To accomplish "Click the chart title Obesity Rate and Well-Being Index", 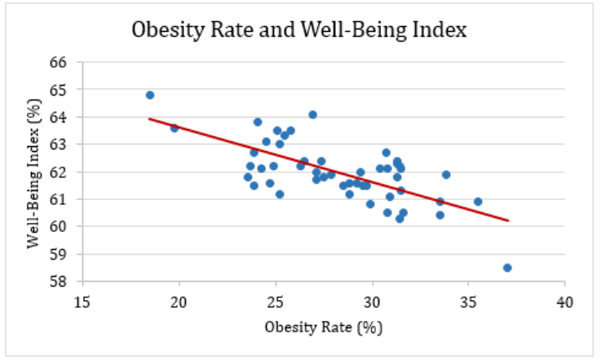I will [x=299, y=31].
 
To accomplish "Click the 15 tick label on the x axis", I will [x=82, y=300].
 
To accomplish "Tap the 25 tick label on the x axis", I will [x=276, y=300].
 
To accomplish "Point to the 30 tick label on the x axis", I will [x=372, y=300].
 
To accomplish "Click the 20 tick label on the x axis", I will [x=179, y=300].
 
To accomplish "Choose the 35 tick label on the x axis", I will [x=468, y=300].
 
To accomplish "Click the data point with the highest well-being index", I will [x=150, y=95].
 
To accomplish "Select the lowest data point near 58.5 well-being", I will [x=507, y=268].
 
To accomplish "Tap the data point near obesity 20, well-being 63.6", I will [x=175, y=128].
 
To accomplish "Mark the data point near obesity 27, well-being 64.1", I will [x=312, y=114].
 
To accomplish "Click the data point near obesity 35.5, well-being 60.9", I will [x=478, y=202].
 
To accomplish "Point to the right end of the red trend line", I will [x=509, y=220].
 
